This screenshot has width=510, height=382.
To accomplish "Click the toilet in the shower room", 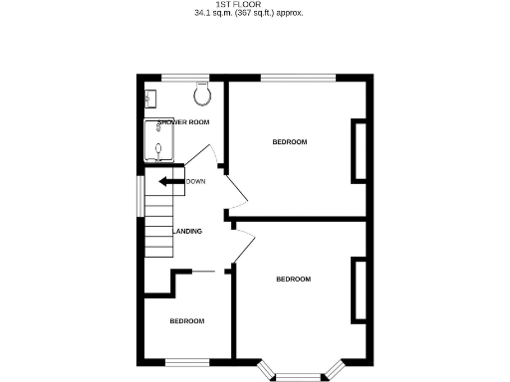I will coord(203,94).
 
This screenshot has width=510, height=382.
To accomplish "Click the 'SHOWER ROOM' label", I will coord(183,122).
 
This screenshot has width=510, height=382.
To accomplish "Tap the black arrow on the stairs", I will coord(165,182).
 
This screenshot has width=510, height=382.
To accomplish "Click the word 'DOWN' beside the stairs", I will coord(195,181).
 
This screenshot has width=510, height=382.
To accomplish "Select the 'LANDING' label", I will coord(188,232).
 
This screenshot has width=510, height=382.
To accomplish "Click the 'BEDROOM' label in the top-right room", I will coord(290,142).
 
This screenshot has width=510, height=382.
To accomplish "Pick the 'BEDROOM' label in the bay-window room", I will coord(293,279).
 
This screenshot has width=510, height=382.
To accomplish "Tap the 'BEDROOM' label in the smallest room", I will coord(186,321).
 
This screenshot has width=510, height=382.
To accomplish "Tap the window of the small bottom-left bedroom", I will coord(186,360).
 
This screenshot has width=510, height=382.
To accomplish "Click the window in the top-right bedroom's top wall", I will coord(299,77).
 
